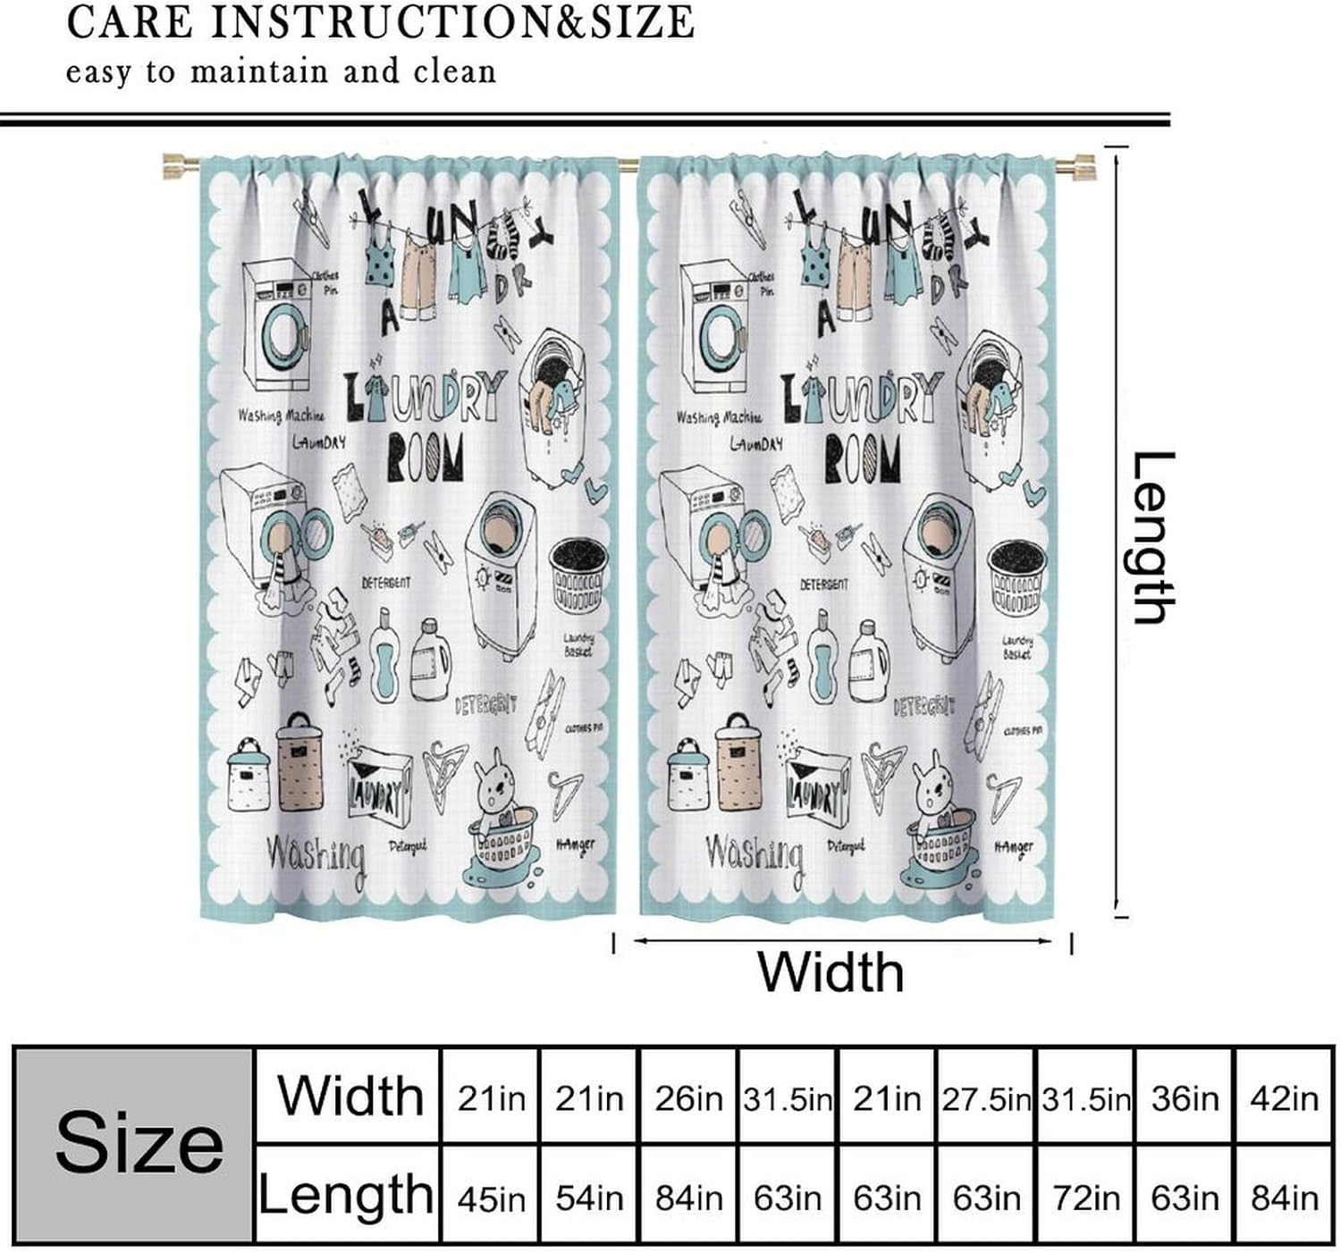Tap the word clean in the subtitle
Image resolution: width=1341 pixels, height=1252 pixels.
click(x=454, y=71)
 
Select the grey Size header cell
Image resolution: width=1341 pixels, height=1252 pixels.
click(x=137, y=1144)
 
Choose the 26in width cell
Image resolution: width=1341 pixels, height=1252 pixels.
click(x=687, y=1097)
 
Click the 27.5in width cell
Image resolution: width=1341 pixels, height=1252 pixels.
click(x=985, y=1097)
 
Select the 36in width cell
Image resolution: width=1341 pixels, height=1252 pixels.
click(x=1185, y=1097)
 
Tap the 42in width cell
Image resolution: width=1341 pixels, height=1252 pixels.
click(x=1284, y=1097)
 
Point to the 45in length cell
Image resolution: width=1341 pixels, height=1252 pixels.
click(x=491, y=1197)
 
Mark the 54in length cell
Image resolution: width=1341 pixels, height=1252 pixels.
click(x=589, y=1197)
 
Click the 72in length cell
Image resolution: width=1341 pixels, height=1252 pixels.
click(x=1085, y=1197)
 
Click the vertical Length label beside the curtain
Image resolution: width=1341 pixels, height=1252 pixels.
click(x=1152, y=537)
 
